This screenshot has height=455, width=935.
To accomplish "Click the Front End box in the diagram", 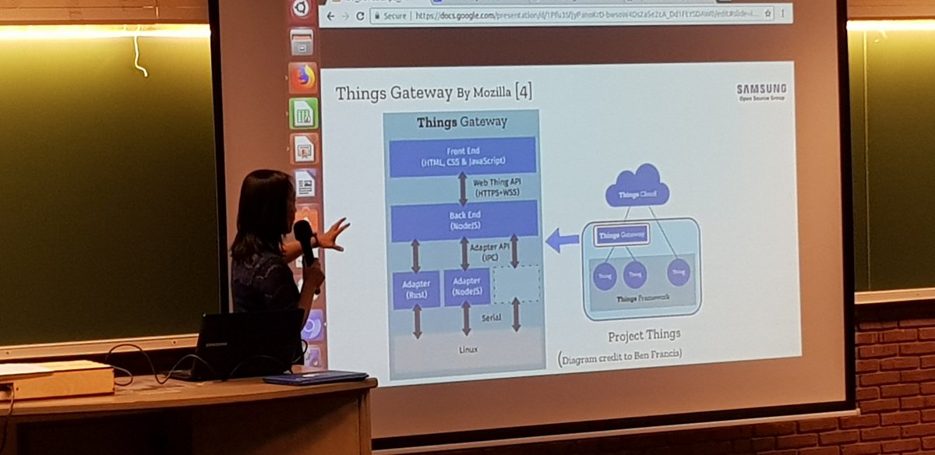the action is pyautogui.click(x=462, y=156).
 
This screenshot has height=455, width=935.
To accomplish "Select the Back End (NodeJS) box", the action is pyautogui.click(x=464, y=220).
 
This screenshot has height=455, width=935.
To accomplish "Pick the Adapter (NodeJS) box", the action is pyautogui.click(x=467, y=287).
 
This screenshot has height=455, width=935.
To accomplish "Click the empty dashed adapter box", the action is pyautogui.click(x=516, y=284).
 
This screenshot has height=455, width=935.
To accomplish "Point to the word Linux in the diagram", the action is pyautogui.click(x=468, y=349).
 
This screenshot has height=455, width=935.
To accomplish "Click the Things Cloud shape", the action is pyautogui.click(x=637, y=187).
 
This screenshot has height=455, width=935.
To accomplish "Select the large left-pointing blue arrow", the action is pyautogui.click(x=562, y=241).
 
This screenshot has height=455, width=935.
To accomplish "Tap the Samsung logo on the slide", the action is pyautogui.click(x=760, y=91).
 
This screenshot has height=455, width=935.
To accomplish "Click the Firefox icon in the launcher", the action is pyautogui.click(x=303, y=77).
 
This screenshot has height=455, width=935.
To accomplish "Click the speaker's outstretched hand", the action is pyautogui.click(x=333, y=234).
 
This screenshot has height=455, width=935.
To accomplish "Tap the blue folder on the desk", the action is pyautogui.click(x=315, y=378).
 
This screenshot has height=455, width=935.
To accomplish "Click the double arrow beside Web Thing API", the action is pyautogui.click(x=462, y=188).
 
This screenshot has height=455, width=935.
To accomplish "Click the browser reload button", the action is pyautogui.click(x=360, y=16).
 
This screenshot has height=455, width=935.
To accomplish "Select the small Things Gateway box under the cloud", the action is pyautogui.click(x=621, y=235).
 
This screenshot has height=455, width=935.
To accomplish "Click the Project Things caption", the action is pyautogui.click(x=644, y=334).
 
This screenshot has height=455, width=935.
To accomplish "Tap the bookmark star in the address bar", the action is pyautogui.click(x=767, y=13).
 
